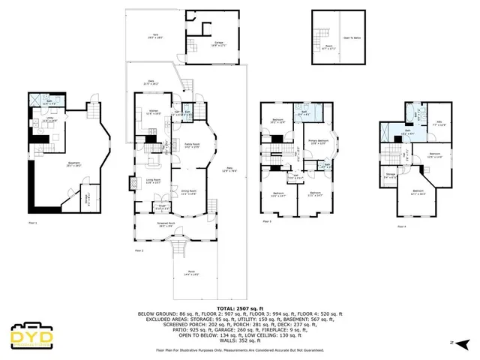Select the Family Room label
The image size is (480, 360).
(191, 145)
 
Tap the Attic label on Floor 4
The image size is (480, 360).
(441, 124)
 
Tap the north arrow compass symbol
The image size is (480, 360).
(463, 343)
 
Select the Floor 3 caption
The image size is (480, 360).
(267, 222)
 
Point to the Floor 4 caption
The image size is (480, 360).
(401, 226)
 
